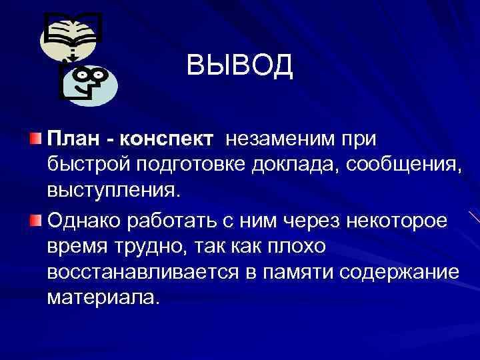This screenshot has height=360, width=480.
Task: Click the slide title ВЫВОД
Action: (239, 65)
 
